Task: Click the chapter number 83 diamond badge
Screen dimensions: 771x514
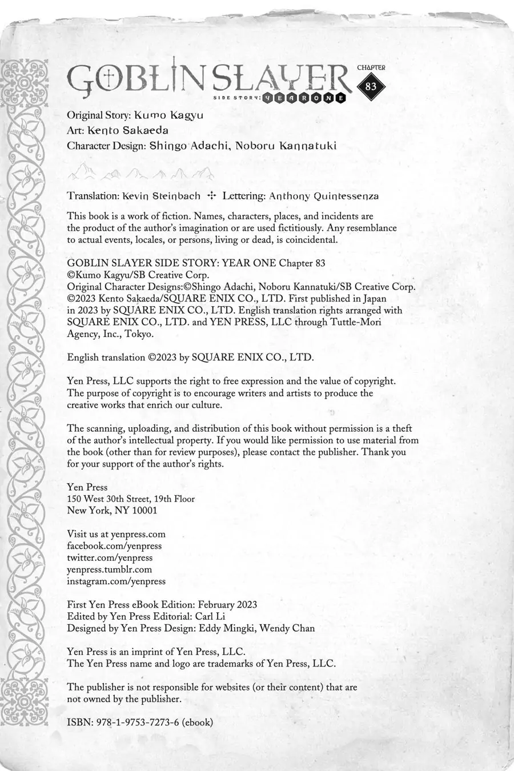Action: click(371, 86)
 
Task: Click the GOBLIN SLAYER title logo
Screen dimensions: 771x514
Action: click(208, 79)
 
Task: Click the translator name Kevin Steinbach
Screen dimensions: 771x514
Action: click(161, 196)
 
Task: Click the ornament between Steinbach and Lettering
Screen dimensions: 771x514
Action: click(211, 195)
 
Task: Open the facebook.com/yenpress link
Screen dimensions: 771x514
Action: click(114, 546)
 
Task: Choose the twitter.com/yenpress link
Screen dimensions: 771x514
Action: click(110, 558)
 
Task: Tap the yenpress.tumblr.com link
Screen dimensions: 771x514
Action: click(110, 569)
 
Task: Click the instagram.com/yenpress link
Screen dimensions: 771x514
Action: click(116, 581)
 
